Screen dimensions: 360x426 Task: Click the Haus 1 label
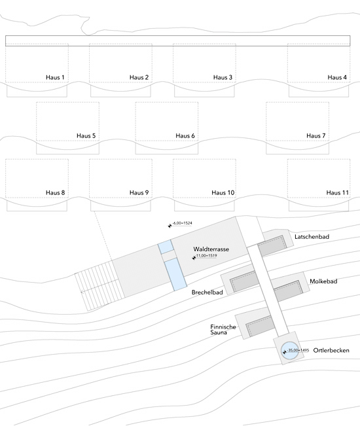click(x=55, y=77)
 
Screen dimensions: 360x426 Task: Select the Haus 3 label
click(x=223, y=77)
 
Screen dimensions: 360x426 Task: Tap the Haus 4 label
click(x=337, y=77)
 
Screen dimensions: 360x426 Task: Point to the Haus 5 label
click(x=86, y=135)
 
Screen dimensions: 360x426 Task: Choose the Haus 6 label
click(x=185, y=135)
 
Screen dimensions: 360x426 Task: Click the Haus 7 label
click(x=316, y=135)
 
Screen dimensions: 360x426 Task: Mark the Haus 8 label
click(x=56, y=192)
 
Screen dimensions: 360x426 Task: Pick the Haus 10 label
click(x=223, y=192)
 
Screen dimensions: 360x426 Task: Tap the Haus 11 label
click(x=338, y=192)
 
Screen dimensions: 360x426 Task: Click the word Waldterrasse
click(x=211, y=249)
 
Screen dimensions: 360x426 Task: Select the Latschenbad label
click(x=312, y=237)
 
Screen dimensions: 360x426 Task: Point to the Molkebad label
click(x=323, y=281)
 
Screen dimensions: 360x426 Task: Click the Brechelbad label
click(x=207, y=293)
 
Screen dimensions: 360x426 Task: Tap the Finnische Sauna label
click(x=223, y=330)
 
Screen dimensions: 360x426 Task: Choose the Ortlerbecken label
click(x=331, y=350)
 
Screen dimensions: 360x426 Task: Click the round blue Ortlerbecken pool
click(x=289, y=351)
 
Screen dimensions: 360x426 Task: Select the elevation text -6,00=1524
click(x=183, y=223)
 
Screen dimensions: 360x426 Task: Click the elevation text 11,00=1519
click(x=206, y=256)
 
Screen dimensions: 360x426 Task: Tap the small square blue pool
click(x=166, y=247)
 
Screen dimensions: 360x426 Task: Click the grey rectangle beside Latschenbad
click(x=272, y=245)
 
